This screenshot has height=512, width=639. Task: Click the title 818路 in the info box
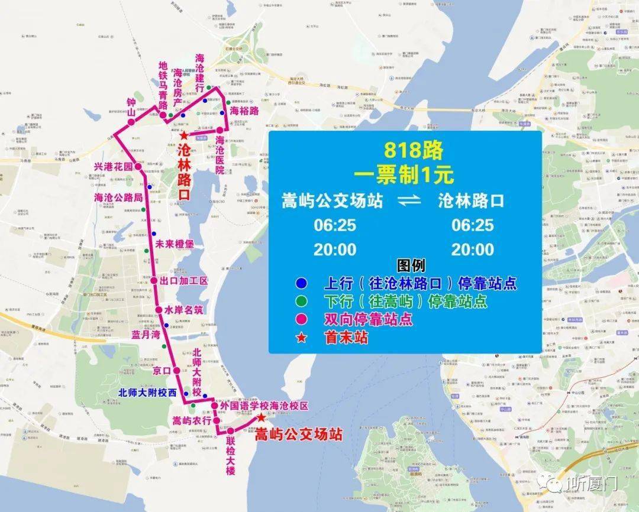pyautogui.click(x=412, y=150)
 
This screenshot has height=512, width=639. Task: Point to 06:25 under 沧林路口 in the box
pyautogui.click(x=472, y=225)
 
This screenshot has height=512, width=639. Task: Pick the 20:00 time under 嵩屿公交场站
pyautogui.click(x=335, y=249)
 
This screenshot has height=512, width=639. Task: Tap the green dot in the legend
pyautogui.click(x=302, y=302)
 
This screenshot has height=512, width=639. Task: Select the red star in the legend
pyautogui.click(x=302, y=338)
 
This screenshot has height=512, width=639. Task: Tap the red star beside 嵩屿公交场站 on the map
pyautogui.click(x=261, y=417)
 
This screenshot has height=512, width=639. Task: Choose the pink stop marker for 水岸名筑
pyautogui.click(x=159, y=310)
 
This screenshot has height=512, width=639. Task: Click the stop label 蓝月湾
pyautogui.click(x=146, y=335)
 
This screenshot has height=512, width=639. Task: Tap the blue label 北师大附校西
pyautogui.click(x=147, y=392)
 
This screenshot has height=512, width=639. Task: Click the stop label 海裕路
pyautogui.click(x=244, y=111)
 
